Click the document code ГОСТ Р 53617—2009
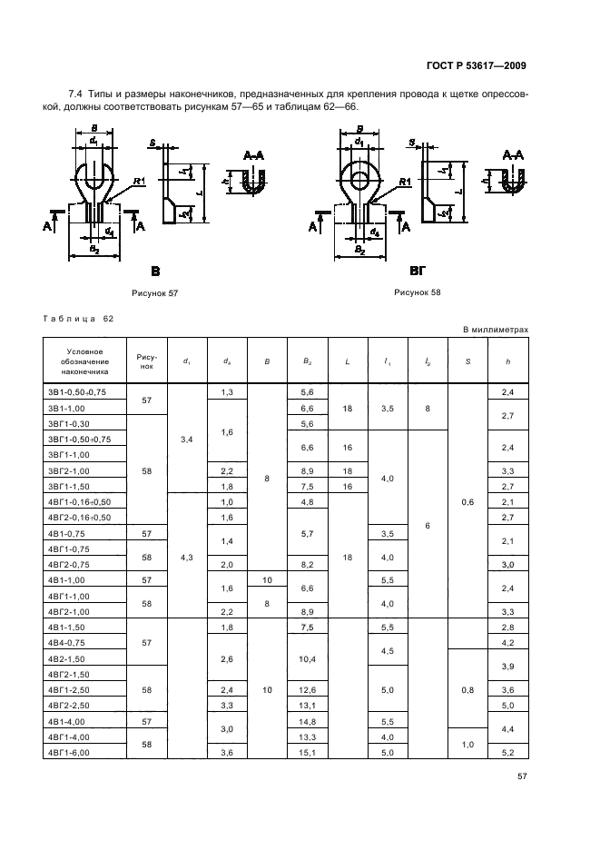pyautogui.click(x=476, y=65)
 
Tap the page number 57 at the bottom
pyautogui.click(x=522, y=776)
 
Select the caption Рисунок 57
pyautogui.click(x=155, y=293)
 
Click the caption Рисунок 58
pyautogui.click(x=418, y=292)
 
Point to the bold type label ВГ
pyautogui.click(x=418, y=270)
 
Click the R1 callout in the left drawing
pyautogui.click(x=140, y=182)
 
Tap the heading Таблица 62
pyautogui.click(x=78, y=319)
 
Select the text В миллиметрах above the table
pyautogui.click(x=496, y=330)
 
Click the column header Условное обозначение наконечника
pyautogui.click(x=84, y=361)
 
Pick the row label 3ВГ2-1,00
pyautogui.click(x=68, y=471)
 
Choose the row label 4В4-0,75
pyautogui.click(x=66, y=643)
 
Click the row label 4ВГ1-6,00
pyautogui.click(x=68, y=753)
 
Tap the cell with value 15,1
pyautogui.click(x=308, y=753)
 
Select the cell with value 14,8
pyautogui.click(x=308, y=722)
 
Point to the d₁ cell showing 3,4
pyautogui.click(x=186, y=440)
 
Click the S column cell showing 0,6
pyautogui.click(x=467, y=502)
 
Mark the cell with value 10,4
pyautogui.click(x=308, y=659)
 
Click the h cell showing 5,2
pyautogui.click(x=507, y=753)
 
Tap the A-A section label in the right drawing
pyautogui.click(x=513, y=155)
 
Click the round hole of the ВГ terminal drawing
pyautogui.click(x=359, y=180)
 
